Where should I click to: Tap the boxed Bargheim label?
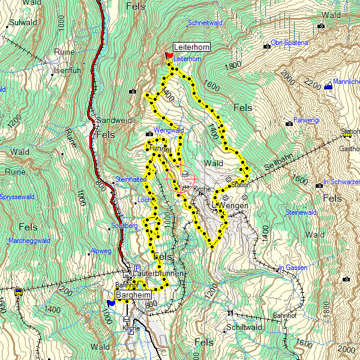click(x=133, y=296)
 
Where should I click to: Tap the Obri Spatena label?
click(x=289, y=43)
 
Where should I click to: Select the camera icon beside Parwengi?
click(x=289, y=124)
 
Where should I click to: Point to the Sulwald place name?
click(x=23, y=22)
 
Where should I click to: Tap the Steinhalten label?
click(x=131, y=179)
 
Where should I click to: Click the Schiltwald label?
click(x=244, y=328)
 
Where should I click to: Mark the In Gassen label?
click(x=293, y=268)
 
